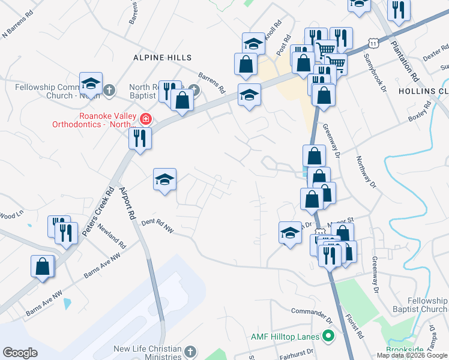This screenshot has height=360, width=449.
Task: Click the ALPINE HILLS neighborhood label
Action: click(163, 58)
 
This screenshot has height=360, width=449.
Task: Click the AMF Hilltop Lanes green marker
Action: click(328, 337)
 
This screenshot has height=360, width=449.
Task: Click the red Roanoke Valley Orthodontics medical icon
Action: click(145, 118)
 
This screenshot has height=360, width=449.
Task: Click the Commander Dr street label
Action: click(312, 312)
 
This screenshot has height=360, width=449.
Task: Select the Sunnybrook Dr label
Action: click(374, 76)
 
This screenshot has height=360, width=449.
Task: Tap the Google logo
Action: click(20, 353)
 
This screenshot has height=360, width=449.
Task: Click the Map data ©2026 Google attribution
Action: click(411, 355)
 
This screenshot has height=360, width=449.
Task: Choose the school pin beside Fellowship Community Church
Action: click(91, 83)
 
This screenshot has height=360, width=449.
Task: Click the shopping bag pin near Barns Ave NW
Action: click(43, 266)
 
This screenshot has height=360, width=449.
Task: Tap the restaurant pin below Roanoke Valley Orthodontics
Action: click(139, 138)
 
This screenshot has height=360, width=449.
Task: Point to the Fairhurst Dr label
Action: click(299, 354)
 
